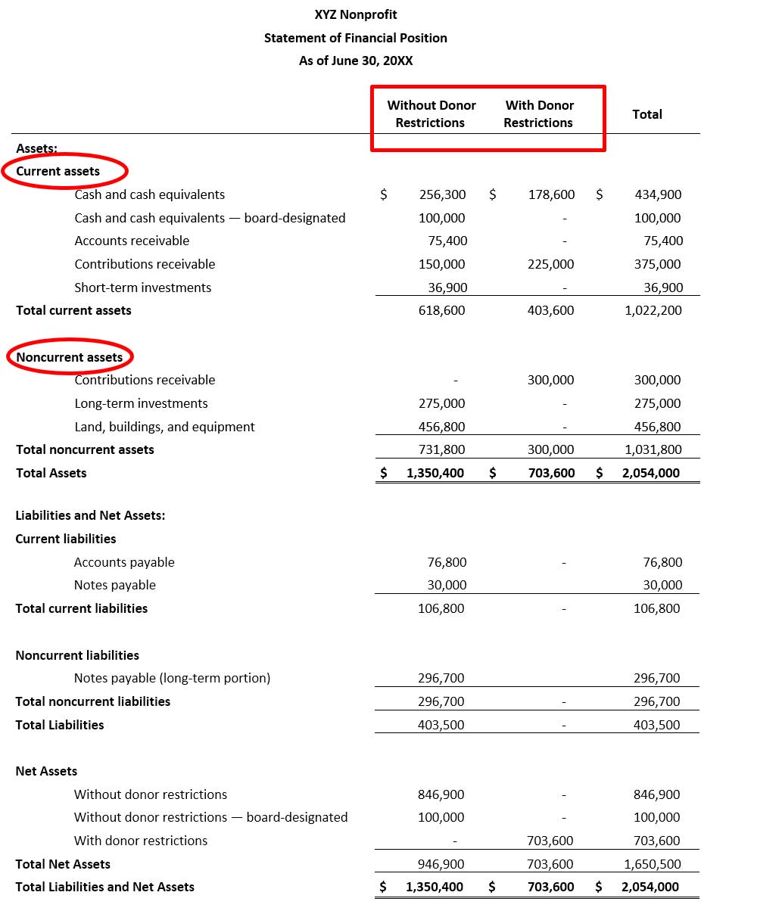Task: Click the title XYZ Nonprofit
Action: coord(356,14)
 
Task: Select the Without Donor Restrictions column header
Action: coord(431,113)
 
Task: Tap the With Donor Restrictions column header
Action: coord(539,113)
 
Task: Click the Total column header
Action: coord(646,114)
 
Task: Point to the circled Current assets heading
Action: coord(58,171)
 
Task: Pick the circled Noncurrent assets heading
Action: coord(70,357)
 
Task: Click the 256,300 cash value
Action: coord(442,194)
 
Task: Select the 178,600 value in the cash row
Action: coord(551,194)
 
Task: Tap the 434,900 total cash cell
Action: coord(658,194)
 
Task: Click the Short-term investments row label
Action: coord(143,288)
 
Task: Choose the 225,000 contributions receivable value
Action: coord(550,264)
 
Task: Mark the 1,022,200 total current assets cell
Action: coord(653,310)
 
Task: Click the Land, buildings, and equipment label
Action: coord(164,427)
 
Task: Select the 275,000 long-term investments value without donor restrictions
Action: coord(441,403)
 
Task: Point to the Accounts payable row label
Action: coord(124,562)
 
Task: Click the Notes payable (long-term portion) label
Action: coord(172,678)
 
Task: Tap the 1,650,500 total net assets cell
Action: coord(653,864)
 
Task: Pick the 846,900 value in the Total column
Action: coord(656,794)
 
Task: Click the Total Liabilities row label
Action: coord(60,725)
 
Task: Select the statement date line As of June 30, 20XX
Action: coord(356,61)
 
